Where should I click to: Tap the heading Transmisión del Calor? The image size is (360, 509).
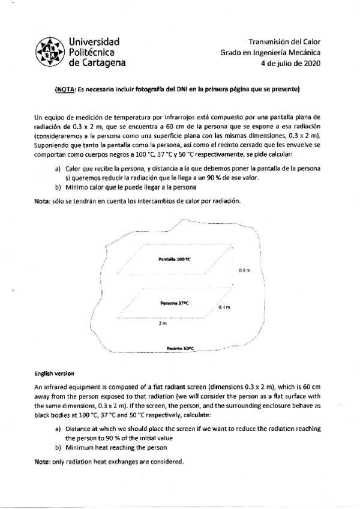pos(284,42)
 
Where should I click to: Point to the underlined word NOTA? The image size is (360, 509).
pos(64,89)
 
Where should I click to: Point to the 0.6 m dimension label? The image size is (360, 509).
pos(244,271)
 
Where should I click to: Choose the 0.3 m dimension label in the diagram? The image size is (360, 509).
pos(224,307)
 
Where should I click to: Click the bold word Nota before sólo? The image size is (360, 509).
pos(44,200)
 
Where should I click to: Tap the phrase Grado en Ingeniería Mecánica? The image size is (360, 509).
pos(270,52)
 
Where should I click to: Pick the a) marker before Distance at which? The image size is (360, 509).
pos(58,429)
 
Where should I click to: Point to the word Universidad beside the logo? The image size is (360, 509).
pos(95,41)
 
